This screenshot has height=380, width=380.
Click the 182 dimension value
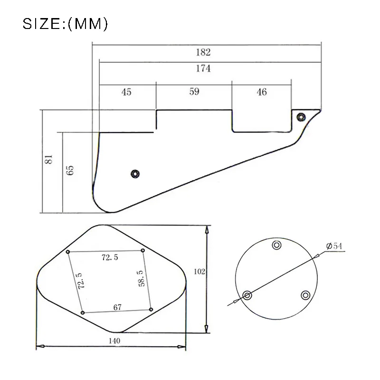pos(202,52)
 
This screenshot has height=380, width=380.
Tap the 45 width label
pos(126,92)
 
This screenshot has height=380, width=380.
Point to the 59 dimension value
pos(194,92)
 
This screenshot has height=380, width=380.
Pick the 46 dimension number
pos(261,92)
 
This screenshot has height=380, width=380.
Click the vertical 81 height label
pos(48,160)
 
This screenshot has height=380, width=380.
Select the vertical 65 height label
pos(70,171)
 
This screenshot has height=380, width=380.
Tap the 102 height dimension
pos(199,272)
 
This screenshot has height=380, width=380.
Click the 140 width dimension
pos(114,341)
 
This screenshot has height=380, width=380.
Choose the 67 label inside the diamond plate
pos(117,308)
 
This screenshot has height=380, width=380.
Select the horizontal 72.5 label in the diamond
pos(110,257)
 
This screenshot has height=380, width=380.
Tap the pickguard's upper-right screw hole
pos(301,116)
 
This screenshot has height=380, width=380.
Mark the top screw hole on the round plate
pos(276,246)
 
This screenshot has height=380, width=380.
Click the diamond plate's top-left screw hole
pos(68,251)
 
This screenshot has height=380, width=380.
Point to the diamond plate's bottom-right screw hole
pos(151,310)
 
